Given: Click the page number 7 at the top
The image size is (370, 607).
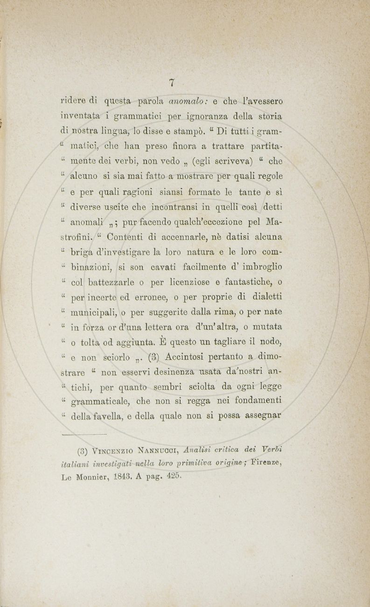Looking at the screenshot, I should [172, 83].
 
